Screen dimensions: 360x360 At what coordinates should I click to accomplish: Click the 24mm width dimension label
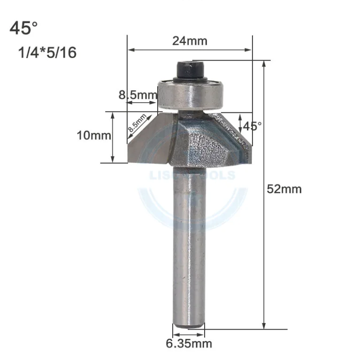(189, 41)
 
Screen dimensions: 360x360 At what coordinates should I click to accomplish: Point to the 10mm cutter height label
(94, 136)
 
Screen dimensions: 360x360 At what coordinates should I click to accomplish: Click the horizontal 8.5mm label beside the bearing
(137, 95)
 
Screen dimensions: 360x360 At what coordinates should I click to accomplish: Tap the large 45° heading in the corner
(23, 28)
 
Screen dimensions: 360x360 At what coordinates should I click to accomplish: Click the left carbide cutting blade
(148, 141)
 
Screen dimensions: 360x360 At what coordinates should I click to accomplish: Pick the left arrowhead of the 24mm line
(130, 49)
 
